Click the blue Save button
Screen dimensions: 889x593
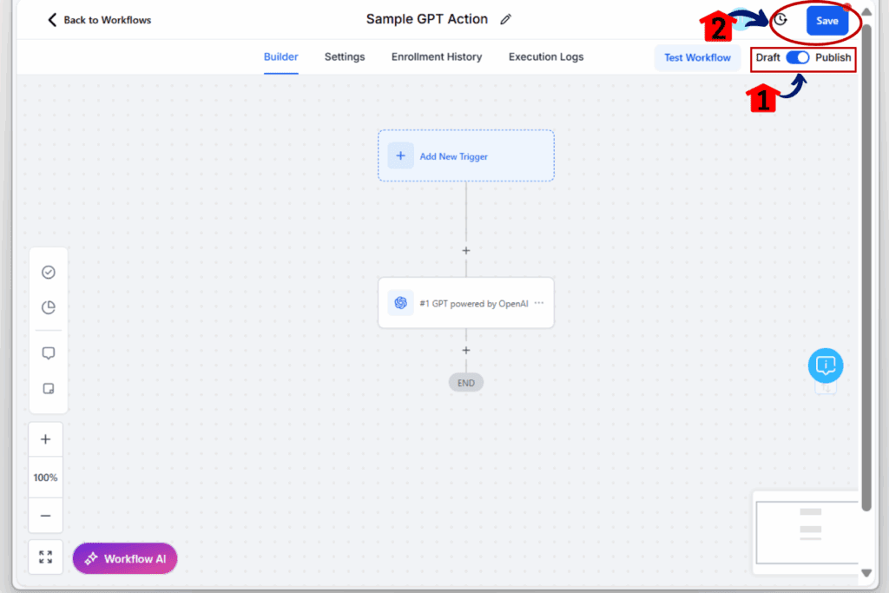(826, 21)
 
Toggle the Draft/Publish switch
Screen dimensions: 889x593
(797, 57)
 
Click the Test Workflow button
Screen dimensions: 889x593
(697, 57)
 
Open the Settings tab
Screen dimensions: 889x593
(344, 56)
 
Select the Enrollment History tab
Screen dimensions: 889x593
(437, 56)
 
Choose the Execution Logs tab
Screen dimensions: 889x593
(546, 56)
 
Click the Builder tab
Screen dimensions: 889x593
(280, 56)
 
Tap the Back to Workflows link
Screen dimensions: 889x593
(99, 20)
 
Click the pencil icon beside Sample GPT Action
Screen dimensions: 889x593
(506, 19)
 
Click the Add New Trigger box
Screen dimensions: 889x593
(466, 156)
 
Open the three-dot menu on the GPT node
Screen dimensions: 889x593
(539, 303)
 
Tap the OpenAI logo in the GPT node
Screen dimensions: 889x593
(400, 303)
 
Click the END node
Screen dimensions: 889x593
(466, 383)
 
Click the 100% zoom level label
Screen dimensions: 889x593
(45, 478)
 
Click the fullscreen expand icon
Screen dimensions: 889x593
(45, 557)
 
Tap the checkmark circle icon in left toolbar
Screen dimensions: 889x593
(49, 272)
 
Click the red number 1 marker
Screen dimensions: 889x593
(762, 99)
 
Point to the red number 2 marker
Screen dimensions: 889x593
(717, 27)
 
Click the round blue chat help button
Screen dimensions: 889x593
(826, 366)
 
